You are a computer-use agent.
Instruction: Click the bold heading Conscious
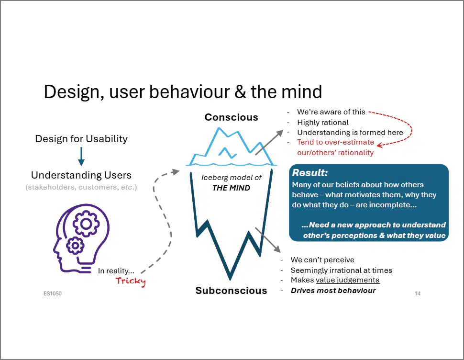coord(232,117)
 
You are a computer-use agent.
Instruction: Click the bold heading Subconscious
coord(231,291)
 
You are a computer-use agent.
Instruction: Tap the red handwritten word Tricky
coord(131,281)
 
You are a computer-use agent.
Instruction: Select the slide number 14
coord(418,293)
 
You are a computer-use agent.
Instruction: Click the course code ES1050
coord(52,293)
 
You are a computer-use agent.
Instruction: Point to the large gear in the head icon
coord(86,224)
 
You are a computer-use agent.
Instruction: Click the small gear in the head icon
coord(75,246)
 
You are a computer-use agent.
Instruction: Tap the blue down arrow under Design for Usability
coord(81,157)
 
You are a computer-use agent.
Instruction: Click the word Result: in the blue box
coord(310,173)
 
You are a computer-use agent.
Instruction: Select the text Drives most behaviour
coord(333,291)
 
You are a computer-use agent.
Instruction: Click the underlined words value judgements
coord(348,280)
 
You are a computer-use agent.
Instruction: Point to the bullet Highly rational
coord(323,123)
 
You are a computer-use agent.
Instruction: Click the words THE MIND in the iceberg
coord(231,188)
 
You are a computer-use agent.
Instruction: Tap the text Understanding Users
coord(81,175)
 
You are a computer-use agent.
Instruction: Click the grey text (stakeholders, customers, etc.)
coord(81,187)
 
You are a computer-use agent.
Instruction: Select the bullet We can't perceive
coord(322,260)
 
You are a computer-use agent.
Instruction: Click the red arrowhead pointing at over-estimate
coord(380,145)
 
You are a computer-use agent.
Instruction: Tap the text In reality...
coord(116,271)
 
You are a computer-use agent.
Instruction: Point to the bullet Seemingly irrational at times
coord(341,270)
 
